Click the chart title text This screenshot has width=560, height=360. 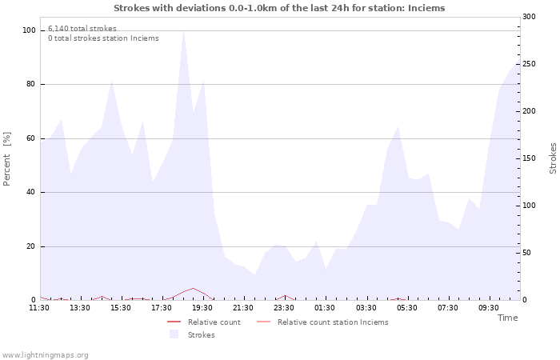pos(279,8)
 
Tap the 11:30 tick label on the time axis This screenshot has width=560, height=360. pos(39,308)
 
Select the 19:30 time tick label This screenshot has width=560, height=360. pos(202,308)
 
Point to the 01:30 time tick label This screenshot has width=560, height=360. pos(325,308)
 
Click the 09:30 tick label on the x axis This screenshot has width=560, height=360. pos(488,308)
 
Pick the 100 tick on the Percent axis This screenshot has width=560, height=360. pos(30,30)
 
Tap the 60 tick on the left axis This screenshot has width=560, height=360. pos(31,138)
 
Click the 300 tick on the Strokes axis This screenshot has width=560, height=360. pos(529,17)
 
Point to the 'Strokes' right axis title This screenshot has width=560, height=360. pos(553,158)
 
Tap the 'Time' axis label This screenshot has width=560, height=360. pos(507,318)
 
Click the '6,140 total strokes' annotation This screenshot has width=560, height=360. pos(82,29)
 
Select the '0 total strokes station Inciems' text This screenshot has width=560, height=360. pos(103,38)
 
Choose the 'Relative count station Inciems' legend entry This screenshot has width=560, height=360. pos(333,322)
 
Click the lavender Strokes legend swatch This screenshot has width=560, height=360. pos(174,334)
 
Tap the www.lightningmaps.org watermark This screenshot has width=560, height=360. pos(45,355)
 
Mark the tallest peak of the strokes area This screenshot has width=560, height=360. pos(183,32)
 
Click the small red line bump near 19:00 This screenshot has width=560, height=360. pos(193,289)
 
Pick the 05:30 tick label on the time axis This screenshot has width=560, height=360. pos(406,308)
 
